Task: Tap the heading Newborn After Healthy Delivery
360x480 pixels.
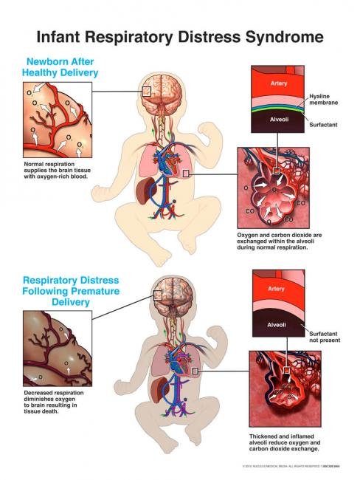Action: click(63, 67)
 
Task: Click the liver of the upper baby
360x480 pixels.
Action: click(148, 195)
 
